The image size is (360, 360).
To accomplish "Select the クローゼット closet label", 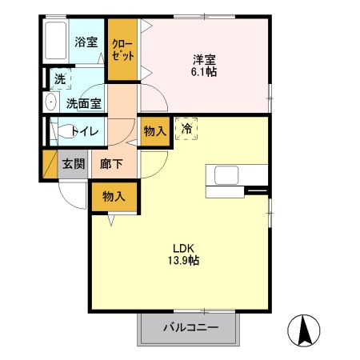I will (x=122, y=50).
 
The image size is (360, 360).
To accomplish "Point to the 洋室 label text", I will (x=202, y=58).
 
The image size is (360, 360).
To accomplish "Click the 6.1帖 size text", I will (x=204, y=72).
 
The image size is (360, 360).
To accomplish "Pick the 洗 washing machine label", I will (x=59, y=79).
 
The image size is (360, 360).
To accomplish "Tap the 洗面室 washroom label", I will (x=82, y=102).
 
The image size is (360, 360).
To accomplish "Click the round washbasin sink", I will (x=50, y=102).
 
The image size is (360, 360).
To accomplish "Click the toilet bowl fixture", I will (x=62, y=131).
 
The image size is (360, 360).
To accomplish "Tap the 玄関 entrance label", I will (x=73, y=164).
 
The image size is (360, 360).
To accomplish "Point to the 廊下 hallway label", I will (x=110, y=164).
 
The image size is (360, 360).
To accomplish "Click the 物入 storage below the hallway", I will (x=113, y=197).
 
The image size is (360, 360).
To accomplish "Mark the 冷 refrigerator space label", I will (x=186, y=128).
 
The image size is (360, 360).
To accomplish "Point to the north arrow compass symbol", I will (x=305, y=329).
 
